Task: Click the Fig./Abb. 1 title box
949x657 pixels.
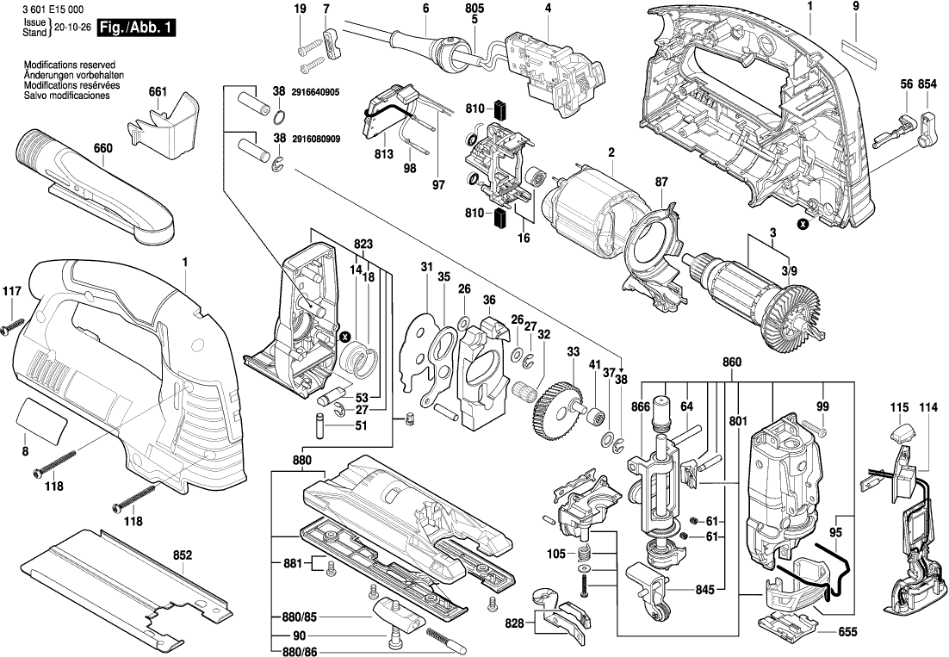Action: (x=137, y=28)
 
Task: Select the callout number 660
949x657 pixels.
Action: (x=102, y=149)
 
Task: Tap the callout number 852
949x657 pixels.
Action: (x=182, y=556)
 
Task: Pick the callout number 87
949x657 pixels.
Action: (x=661, y=182)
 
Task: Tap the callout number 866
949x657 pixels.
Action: (x=640, y=405)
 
